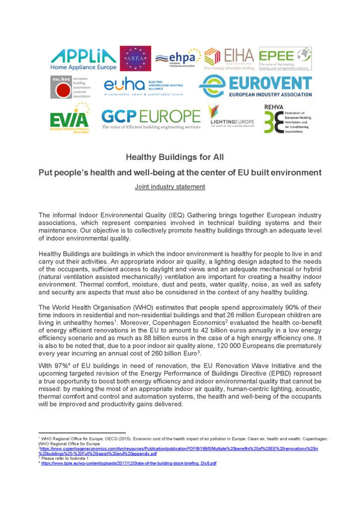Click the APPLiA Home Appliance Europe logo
pyautogui.click(x=84, y=59)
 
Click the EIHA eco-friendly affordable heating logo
pyautogui.click(x=229, y=59)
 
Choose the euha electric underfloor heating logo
pyautogui.click(x=143, y=86)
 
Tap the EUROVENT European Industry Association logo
pyautogui.click(x=255, y=86)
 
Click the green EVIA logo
pyautogui.click(x=69, y=120)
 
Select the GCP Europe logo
pyautogui.click(x=151, y=118)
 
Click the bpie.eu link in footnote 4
pyautogui.click(x=129, y=463)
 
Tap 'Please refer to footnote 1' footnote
pyautogui.click(x=65, y=458)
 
